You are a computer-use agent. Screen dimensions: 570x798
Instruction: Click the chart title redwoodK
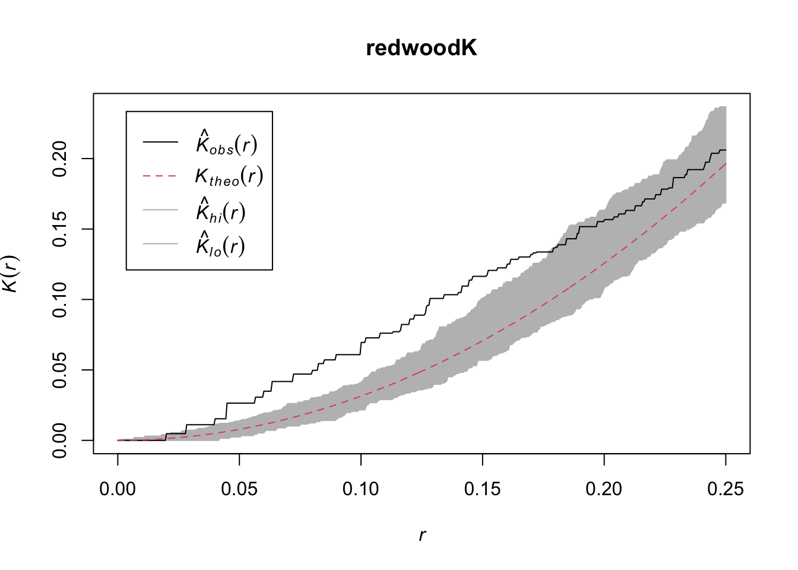pyautogui.click(x=422, y=48)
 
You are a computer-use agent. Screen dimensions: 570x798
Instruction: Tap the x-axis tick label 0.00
pyautogui.click(x=118, y=489)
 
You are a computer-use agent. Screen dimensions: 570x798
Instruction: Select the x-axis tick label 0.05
pyautogui.click(x=239, y=489)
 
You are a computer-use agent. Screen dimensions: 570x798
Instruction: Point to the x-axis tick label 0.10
pyautogui.click(x=361, y=489)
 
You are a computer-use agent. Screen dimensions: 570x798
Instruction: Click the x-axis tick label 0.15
pyautogui.click(x=482, y=489)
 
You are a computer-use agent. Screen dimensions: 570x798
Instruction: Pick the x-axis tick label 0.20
pyautogui.click(x=604, y=489)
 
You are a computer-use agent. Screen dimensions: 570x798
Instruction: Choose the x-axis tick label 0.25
pyautogui.click(x=725, y=489)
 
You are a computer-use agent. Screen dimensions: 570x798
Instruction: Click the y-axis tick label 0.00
pyautogui.click(x=61, y=440)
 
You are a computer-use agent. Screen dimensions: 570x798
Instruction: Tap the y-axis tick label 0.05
pyautogui.click(x=61, y=370)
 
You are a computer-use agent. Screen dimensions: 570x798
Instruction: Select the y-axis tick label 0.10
pyautogui.click(x=61, y=299)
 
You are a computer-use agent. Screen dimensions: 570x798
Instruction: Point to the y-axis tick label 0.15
pyautogui.click(x=61, y=229)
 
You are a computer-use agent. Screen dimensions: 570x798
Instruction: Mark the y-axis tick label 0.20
pyautogui.click(x=61, y=159)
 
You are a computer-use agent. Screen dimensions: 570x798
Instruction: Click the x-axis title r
pyautogui.click(x=422, y=535)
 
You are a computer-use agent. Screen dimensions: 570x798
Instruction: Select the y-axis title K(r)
pyautogui.click(x=11, y=273)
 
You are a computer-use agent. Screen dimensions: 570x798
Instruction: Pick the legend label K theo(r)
pyautogui.click(x=229, y=176)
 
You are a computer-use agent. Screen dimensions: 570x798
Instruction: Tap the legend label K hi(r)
pyautogui.click(x=220, y=211)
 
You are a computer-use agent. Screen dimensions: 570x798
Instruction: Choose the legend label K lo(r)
pyautogui.click(x=220, y=245)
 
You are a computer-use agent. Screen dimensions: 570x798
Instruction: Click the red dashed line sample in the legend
pyautogui.click(x=160, y=176)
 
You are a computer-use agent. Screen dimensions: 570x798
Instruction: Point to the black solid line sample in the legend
pyautogui.click(x=160, y=142)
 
